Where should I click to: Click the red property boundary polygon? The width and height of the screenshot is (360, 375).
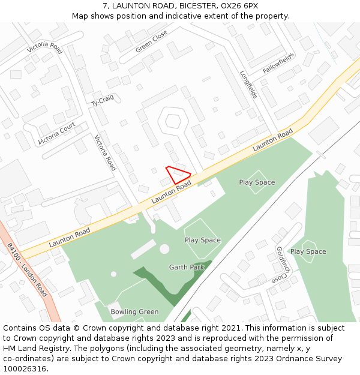pyautogui.click(x=178, y=175)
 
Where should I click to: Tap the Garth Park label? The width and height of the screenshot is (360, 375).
pyautogui.click(x=187, y=267)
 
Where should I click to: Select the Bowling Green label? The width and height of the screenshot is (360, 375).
pyautogui.click(x=134, y=311)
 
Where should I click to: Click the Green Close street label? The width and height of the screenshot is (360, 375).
pyautogui.click(x=151, y=42)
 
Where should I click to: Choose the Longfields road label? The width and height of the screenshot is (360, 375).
pyautogui.click(x=248, y=85)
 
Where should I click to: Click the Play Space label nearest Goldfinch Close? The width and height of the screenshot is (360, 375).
pyautogui.click(x=308, y=251)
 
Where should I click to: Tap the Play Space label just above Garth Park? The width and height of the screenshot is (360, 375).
pyautogui.click(x=202, y=240)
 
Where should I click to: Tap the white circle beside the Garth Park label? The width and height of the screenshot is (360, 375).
pyautogui.click(x=164, y=248)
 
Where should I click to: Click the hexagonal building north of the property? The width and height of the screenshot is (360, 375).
pyautogui.click(x=173, y=121)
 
